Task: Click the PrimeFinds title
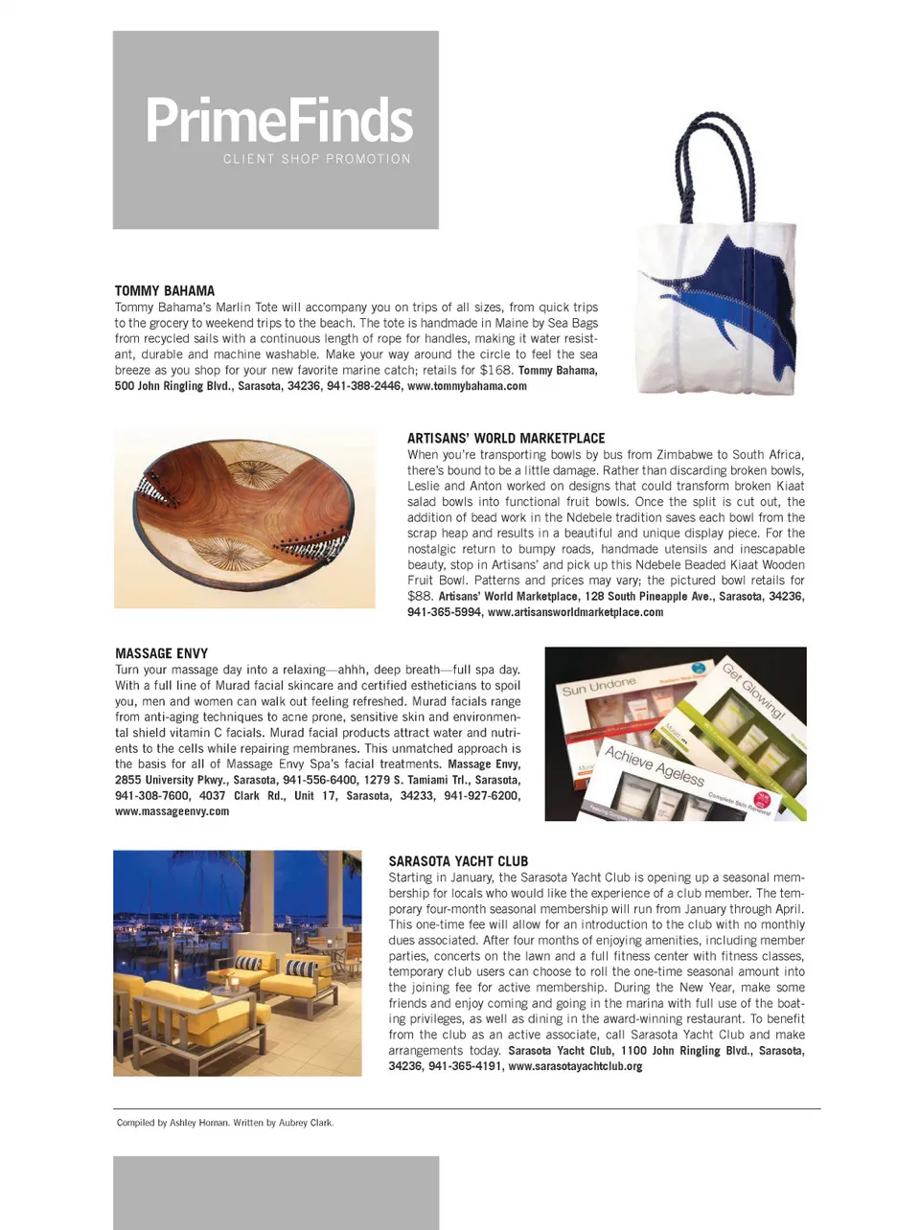coord(279,121)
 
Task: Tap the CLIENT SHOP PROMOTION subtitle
coord(316,159)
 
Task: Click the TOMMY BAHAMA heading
coord(165,290)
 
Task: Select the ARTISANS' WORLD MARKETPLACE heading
coord(506,438)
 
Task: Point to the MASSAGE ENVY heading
coord(161,653)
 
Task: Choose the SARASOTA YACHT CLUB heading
coord(458,861)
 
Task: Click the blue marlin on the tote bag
coord(738,297)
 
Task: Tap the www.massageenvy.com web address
coord(172,811)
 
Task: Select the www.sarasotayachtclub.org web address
coord(575,1066)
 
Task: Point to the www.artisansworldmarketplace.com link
coord(575,612)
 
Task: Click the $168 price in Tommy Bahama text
coord(495,370)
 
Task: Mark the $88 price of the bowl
coord(420,596)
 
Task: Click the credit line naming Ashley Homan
coord(225,1123)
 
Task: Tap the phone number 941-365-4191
coord(465,1066)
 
